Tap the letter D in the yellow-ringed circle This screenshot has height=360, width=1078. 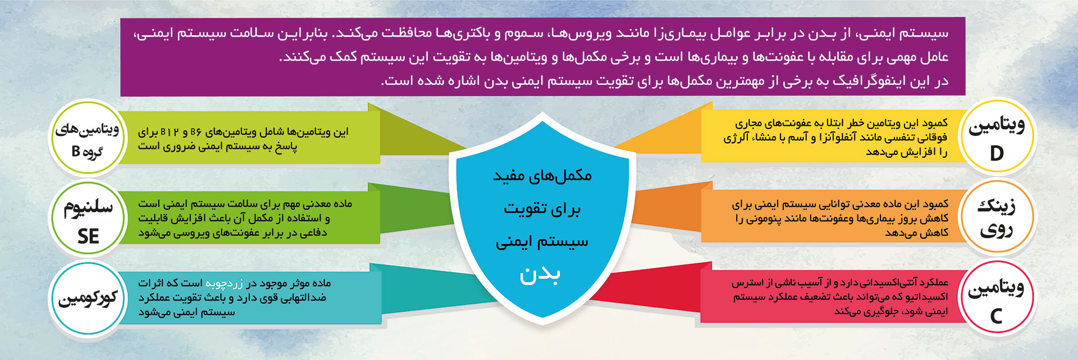(x=997, y=153)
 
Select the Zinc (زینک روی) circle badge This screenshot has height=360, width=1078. (x=996, y=218)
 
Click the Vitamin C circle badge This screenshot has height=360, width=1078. (x=996, y=299)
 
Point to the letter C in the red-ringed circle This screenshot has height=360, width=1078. (x=996, y=316)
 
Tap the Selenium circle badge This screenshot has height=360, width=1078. (x=86, y=218)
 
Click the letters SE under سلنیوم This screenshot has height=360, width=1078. (x=88, y=236)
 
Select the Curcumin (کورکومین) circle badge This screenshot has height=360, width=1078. (x=86, y=298)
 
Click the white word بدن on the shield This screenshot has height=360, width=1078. (x=540, y=275)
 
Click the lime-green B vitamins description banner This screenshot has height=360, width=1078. (x=250, y=138)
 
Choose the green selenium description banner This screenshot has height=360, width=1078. (x=250, y=217)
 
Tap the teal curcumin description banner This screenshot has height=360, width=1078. (x=250, y=298)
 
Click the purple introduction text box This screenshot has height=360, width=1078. (x=542, y=57)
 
